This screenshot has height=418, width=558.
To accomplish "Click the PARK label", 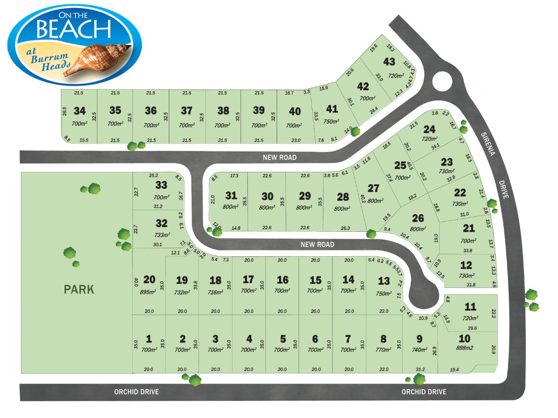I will [x=79, y=289].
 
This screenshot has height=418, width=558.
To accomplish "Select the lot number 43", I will [x=389, y=62].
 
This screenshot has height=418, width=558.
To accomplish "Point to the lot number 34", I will [x=80, y=111].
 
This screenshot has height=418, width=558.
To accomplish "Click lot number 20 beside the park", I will [x=149, y=279].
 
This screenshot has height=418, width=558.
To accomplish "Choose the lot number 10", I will [x=465, y=338].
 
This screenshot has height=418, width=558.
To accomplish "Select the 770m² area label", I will [x=383, y=350].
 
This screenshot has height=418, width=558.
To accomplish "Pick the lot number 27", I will [x=373, y=189].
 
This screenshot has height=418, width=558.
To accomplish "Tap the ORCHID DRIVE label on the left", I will [x=136, y=392].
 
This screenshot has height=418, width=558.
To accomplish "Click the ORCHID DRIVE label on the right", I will [x=424, y=392].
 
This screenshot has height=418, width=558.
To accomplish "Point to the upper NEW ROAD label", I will [x=279, y=157].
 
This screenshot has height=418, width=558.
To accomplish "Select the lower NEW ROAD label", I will [x=318, y=244].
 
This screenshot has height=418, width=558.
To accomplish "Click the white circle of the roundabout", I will [x=442, y=82].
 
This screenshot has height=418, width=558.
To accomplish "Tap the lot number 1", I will [x=149, y=339].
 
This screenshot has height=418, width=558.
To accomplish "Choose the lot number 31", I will [x=231, y=196].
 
